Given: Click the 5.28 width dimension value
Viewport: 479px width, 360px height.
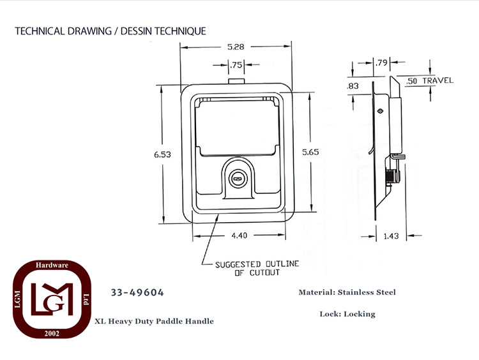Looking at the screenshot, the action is coord(236,47).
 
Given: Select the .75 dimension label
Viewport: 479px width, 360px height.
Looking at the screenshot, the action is coord(236,64).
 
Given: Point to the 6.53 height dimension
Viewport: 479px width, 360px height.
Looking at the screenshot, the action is coord(162,154).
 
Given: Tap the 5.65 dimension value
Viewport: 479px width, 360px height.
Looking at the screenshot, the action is coord(310,152).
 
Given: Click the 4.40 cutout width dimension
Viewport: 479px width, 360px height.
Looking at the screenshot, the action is coord(240,236).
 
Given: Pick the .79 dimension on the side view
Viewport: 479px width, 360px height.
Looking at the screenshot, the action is coord(381,63).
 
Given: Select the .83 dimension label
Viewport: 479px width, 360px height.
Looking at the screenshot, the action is coord(353,86).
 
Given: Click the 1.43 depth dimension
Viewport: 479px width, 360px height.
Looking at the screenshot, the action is coord(391,236).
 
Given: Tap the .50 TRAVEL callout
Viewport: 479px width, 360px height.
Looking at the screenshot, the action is coord(430,81).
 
